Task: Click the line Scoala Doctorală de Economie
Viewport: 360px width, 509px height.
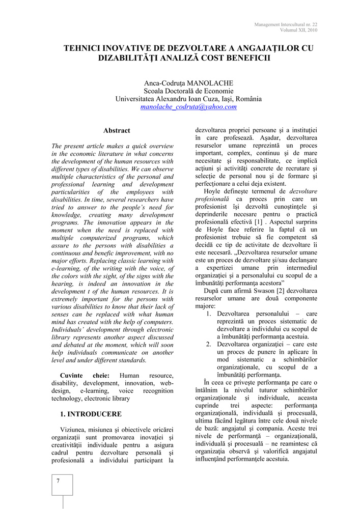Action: pyautogui.click(x=188, y=91)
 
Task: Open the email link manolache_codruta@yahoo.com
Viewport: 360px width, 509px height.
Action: pyautogui.click(x=188, y=107)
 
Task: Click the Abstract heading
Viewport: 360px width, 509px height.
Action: pyautogui.click(x=117, y=131)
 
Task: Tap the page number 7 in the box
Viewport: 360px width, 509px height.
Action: pyautogui.click(x=59, y=481)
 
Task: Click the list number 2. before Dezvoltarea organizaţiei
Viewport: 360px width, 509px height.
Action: pyautogui.click(x=209, y=344)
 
